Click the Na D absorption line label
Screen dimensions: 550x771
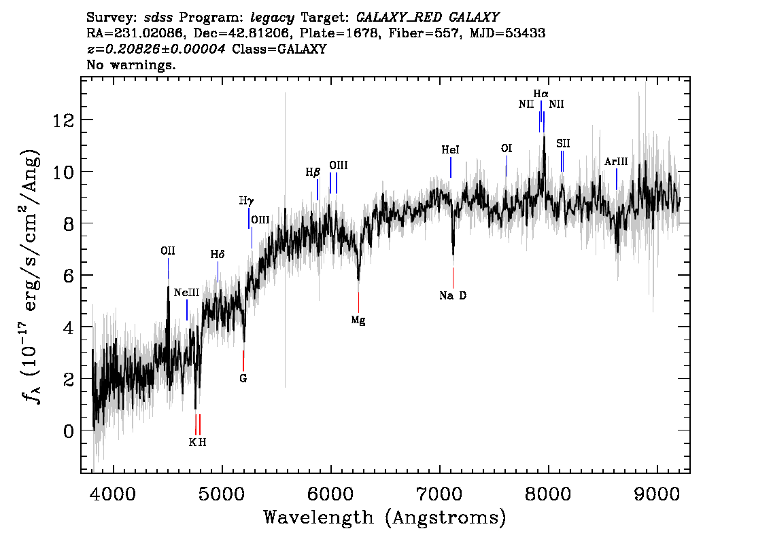pyautogui.click(x=453, y=295)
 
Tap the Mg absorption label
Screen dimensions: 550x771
pyautogui.click(x=358, y=320)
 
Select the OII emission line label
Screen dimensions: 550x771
pyautogui.click(x=168, y=251)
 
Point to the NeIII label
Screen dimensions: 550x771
pyautogui.click(x=186, y=293)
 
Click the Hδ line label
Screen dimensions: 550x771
pyautogui.click(x=217, y=255)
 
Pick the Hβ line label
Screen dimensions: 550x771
pyautogui.click(x=312, y=172)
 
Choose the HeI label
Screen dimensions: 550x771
pyautogui.click(x=450, y=149)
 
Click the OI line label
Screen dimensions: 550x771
pyautogui.click(x=506, y=148)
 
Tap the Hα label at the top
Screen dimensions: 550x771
pyautogui.click(x=541, y=93)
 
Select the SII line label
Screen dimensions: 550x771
pyautogui.click(x=562, y=143)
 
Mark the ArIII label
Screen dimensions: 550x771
pyautogui.click(x=615, y=162)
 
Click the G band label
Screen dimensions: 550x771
pyautogui.click(x=243, y=378)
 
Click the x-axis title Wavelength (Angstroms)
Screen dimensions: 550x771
pyautogui.click(x=385, y=517)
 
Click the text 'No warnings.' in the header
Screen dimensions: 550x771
pyautogui.click(x=131, y=66)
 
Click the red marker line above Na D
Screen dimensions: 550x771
pyautogui.click(x=453, y=277)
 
